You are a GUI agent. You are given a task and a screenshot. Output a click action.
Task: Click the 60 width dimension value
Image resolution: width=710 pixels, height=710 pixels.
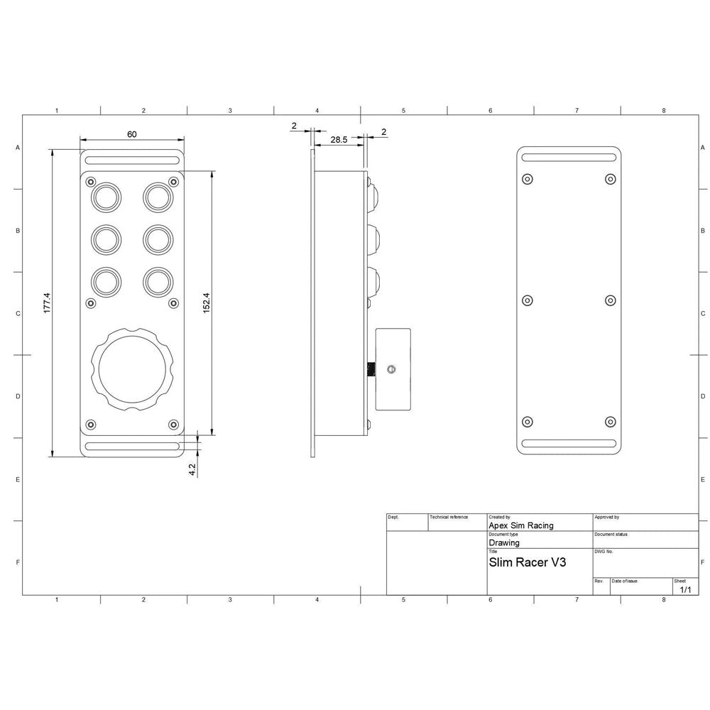(x=131, y=133)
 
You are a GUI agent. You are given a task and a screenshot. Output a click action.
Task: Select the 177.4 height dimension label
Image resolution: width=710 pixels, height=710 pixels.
(x=47, y=303)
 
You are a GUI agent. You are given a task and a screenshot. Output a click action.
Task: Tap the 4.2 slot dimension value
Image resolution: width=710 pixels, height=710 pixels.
(x=192, y=469)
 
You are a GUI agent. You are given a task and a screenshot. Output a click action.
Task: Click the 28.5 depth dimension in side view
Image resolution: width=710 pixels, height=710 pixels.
(x=339, y=141)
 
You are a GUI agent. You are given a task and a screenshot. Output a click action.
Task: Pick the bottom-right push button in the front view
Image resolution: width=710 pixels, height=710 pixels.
(x=157, y=281)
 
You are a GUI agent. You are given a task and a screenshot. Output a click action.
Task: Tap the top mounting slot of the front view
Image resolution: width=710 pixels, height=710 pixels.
(x=131, y=160)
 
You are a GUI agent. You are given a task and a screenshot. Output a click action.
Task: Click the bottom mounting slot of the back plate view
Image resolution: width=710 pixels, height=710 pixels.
(x=569, y=444)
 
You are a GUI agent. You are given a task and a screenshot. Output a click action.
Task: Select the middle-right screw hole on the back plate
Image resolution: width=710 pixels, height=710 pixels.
(x=610, y=300)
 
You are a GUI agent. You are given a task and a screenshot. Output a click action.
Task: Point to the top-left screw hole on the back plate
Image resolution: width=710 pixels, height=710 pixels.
(x=527, y=179)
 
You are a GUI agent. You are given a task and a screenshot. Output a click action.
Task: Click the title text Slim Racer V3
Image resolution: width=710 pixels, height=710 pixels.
(x=527, y=562)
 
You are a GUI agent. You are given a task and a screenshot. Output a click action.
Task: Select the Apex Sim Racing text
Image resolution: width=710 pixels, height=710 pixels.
(x=521, y=525)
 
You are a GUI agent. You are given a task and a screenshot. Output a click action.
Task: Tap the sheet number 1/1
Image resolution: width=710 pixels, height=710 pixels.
(x=685, y=589)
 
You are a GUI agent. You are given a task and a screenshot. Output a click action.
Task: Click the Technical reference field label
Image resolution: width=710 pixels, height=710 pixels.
(x=449, y=517)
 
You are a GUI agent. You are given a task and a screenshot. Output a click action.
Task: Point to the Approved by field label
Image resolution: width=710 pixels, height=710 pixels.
(x=607, y=518)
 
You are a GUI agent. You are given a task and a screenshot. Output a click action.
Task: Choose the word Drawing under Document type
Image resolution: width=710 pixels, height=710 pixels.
(x=504, y=542)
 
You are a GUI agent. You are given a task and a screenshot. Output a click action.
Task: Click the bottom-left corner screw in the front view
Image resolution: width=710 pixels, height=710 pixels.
(x=90, y=425)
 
